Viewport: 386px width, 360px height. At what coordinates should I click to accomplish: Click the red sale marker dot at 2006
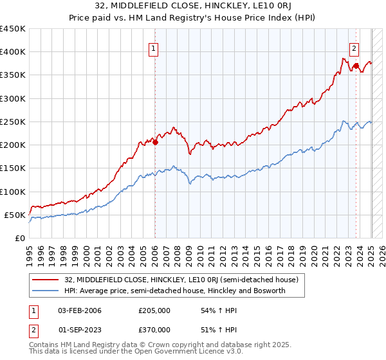pyautogui.click(x=155, y=142)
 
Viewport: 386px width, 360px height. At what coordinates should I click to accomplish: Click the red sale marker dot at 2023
pyautogui.click(x=355, y=65)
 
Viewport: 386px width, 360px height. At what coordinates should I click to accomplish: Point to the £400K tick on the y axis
pyautogui.click(x=13, y=52)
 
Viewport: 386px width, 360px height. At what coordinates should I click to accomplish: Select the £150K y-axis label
pyautogui.click(x=13, y=168)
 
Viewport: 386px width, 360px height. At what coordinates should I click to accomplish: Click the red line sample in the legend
pyautogui.click(x=46, y=280)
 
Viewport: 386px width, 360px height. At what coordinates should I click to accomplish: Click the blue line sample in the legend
pyautogui.click(x=46, y=291)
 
